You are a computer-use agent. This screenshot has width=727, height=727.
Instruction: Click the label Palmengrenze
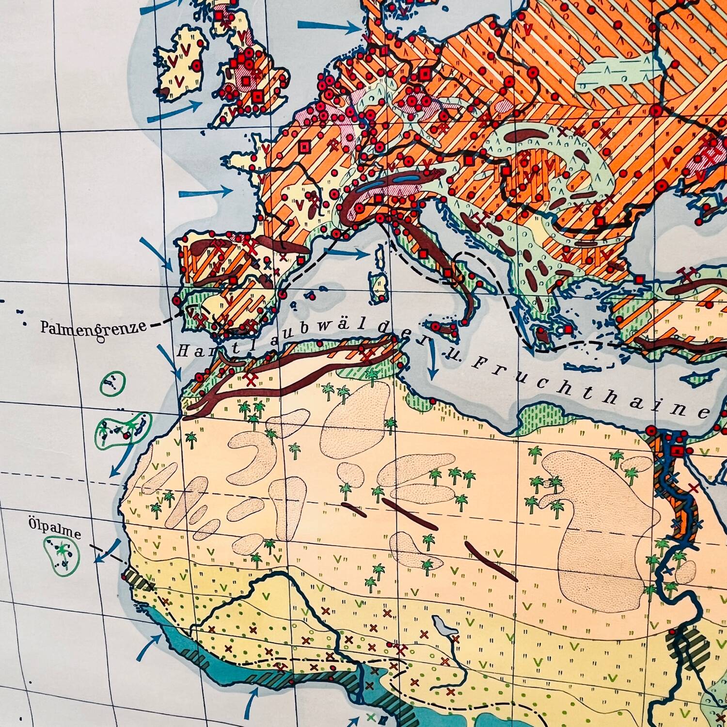pyautogui.click(x=94, y=328)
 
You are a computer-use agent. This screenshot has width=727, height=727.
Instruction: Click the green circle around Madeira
pyautogui.click(x=113, y=384)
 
